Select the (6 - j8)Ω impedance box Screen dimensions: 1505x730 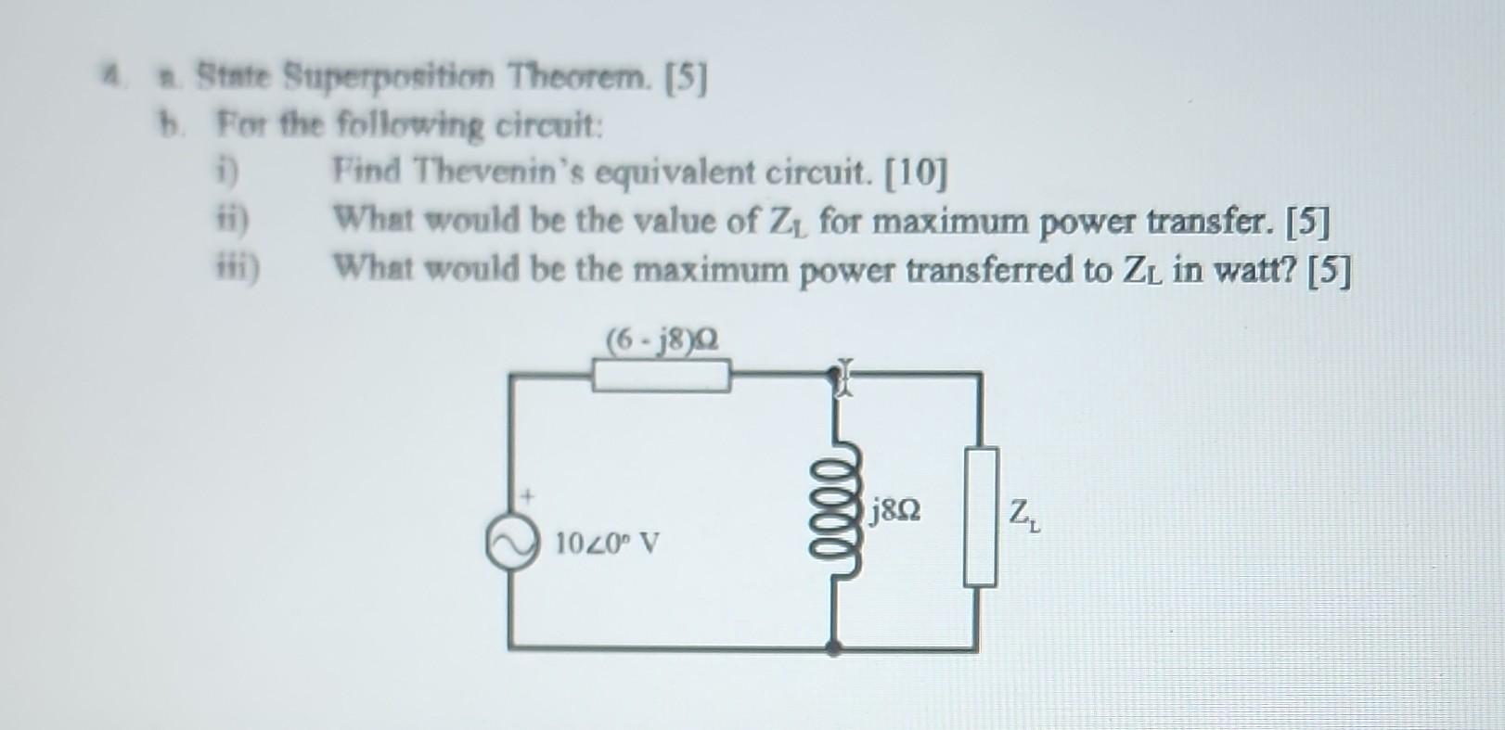(661, 378)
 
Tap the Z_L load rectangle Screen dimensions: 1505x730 (981, 517)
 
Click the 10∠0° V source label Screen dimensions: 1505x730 (608, 542)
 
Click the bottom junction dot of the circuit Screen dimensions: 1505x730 (834, 647)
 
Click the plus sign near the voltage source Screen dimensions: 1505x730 (527, 497)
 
